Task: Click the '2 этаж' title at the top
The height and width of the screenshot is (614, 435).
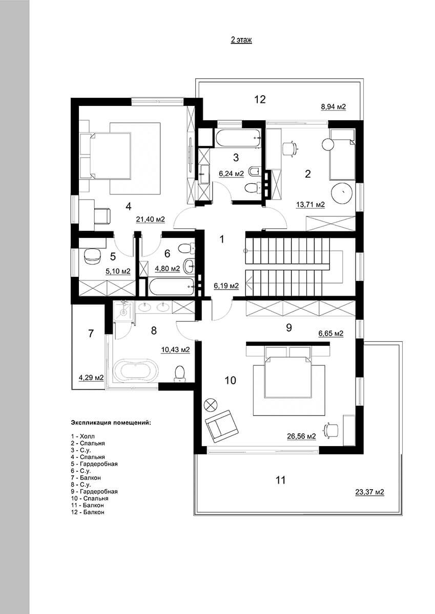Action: coord(241,40)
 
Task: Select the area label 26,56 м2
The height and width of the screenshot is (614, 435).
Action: coord(301,436)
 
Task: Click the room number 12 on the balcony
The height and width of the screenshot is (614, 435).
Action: coord(260,99)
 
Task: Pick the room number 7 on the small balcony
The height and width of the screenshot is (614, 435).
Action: coord(91,334)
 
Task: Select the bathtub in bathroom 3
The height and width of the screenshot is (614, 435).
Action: coord(238,139)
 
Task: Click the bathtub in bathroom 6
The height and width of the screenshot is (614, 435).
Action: coord(172,287)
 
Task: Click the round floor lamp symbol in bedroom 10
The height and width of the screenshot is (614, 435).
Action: coord(211,404)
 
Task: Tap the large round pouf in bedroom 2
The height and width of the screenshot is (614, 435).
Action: coord(342,193)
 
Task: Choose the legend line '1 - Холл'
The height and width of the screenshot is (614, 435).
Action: coord(82,518)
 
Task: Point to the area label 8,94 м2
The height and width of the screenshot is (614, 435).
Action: coord(334,106)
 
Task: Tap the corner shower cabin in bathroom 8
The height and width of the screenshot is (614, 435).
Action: coord(123,312)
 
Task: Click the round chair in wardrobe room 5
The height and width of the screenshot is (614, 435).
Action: coord(92,256)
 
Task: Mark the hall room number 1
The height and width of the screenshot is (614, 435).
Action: coord(222,239)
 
